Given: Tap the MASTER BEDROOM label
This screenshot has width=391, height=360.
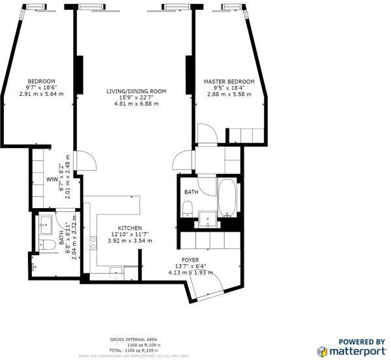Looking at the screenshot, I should pos(229,82).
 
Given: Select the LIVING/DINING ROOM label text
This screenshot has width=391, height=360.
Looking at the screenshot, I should pos(136,91).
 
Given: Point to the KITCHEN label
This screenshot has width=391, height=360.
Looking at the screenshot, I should pos(129,228).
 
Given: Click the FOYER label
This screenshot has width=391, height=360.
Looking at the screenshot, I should pos(190,259).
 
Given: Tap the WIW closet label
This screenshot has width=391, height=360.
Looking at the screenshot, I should pos(51,179).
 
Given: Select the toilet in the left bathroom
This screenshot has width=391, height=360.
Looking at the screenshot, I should pos(47,245).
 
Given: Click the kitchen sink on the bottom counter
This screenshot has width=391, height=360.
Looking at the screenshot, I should pos(116,271).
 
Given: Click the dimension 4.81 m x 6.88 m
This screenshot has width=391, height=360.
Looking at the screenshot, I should pos(136,104).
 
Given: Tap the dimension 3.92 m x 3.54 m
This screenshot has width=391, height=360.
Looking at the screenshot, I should pos(129,241).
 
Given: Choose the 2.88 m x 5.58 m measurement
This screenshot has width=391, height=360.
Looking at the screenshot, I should pos(229,95).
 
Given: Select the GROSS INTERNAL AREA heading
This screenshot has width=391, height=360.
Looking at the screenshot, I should pos(134,340).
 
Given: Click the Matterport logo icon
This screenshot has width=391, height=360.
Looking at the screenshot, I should pos(323,352).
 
